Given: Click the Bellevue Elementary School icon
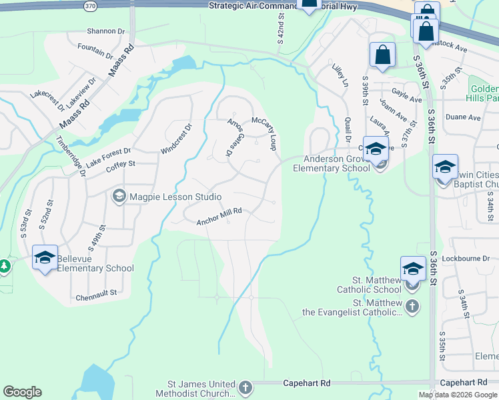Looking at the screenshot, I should (45, 257).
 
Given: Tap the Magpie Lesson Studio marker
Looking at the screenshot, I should (119, 196).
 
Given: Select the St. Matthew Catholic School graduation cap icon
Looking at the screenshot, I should (413, 268).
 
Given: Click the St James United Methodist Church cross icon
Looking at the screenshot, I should (245, 387).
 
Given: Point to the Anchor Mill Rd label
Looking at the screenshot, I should (218, 217).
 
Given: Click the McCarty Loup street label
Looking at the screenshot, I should (264, 133).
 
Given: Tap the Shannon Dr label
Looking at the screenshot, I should (106, 31).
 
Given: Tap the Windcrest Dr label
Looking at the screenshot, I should (177, 139).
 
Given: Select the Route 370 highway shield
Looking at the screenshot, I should (90, 6).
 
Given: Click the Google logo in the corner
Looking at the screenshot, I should (22, 392).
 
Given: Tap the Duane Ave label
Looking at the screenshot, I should (464, 117).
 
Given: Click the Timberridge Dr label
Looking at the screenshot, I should (71, 157).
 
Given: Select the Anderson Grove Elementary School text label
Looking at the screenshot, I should (332, 163).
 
